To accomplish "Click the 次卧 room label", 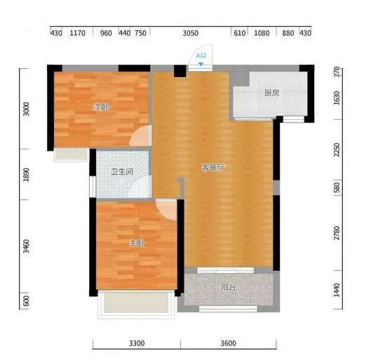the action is (x=101, y=107).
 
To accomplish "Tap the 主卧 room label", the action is (x=137, y=243).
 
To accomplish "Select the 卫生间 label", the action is (x=122, y=172).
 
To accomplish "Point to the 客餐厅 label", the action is (x=213, y=167).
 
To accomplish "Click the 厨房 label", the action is (x=271, y=93).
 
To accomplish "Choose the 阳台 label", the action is (x=229, y=287).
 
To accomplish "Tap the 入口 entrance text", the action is (x=201, y=55).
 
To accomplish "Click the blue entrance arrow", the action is (x=201, y=64).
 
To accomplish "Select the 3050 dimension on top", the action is (x=190, y=33).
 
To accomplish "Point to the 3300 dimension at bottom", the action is (x=137, y=343).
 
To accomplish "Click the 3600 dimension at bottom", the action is (x=228, y=343).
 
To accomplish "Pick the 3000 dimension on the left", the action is (x=26, y=109).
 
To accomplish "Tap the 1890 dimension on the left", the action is (x=26, y=175).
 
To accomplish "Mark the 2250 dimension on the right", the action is (x=337, y=149).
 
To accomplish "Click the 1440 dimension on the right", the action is (x=337, y=290).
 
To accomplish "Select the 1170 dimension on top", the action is (x=77, y=33).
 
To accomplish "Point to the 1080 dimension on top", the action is (x=262, y=33).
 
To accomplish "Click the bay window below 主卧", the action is (x=136, y=304).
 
